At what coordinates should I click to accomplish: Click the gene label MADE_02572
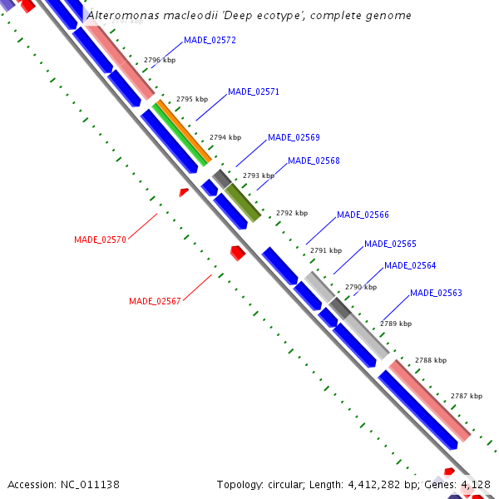210,40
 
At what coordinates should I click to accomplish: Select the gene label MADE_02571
253,91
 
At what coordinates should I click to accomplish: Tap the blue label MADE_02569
294,137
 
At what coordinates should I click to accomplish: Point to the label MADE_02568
314,161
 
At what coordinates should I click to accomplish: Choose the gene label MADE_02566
363,215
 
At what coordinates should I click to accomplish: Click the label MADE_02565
390,244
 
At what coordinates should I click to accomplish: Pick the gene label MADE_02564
410,265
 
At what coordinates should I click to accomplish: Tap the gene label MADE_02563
436,293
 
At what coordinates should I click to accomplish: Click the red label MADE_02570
100,240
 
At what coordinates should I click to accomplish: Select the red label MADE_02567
155,301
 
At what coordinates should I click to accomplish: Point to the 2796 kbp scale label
160,60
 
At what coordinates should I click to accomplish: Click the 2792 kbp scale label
292,213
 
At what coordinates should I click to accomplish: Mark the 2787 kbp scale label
467,397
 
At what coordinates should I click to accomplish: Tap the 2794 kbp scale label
225,137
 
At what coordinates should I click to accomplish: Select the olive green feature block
243,202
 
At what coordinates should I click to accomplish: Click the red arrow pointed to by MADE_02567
237,252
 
